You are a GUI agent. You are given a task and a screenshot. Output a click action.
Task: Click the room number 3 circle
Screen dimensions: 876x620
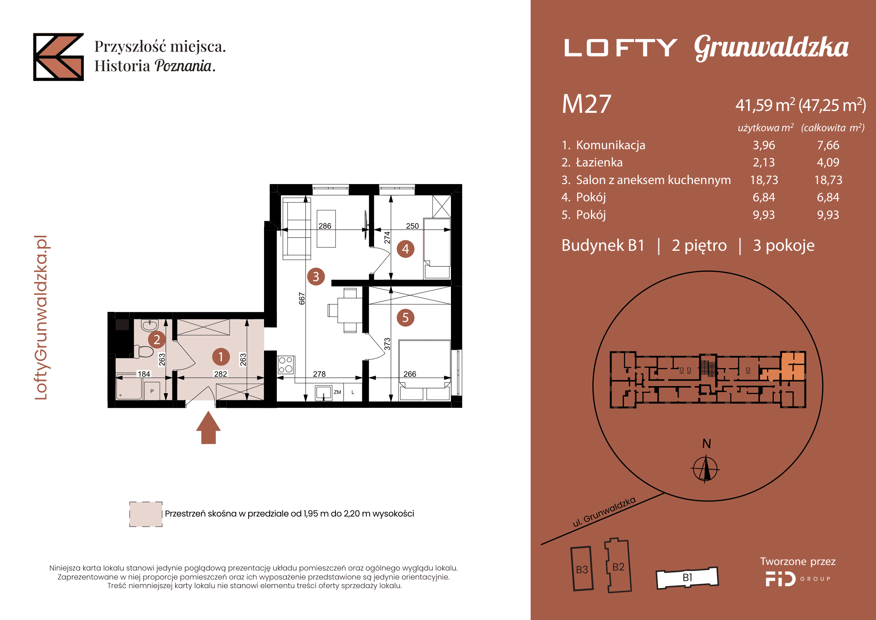(x=316, y=276)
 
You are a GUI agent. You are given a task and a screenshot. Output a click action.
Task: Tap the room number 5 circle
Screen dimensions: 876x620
(x=406, y=317)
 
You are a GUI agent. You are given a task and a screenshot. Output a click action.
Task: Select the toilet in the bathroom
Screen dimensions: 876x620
(x=143, y=351)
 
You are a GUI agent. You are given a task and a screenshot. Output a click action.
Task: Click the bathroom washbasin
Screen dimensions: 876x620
(x=149, y=326)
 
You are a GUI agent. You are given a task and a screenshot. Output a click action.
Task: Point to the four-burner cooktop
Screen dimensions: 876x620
(x=286, y=365)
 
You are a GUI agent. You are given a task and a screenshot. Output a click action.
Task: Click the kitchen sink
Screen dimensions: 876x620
(x=323, y=393)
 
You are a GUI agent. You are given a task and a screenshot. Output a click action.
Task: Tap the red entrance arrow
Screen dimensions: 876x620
(x=208, y=428)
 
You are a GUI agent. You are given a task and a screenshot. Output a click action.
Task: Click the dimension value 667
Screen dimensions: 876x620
(x=302, y=298)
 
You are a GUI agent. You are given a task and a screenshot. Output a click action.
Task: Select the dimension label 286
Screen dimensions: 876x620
(x=325, y=226)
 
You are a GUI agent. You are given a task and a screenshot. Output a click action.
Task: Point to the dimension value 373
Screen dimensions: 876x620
(x=387, y=344)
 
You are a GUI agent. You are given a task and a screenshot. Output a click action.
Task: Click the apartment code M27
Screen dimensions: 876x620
(x=586, y=104)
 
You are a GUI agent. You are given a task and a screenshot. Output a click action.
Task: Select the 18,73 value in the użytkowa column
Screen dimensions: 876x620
(x=764, y=180)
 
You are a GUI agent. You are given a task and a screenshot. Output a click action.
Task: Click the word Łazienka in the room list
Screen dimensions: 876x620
(x=599, y=162)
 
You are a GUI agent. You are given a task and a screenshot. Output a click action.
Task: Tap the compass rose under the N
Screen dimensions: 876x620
(x=706, y=468)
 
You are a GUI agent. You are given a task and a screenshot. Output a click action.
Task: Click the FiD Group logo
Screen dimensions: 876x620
(x=798, y=579)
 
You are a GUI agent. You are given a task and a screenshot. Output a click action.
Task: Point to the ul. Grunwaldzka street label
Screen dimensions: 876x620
(x=604, y=512)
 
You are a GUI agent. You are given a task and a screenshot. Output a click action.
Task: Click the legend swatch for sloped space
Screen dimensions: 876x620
(x=146, y=514)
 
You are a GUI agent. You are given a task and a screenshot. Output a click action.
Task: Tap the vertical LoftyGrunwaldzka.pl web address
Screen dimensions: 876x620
(x=41, y=317)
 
